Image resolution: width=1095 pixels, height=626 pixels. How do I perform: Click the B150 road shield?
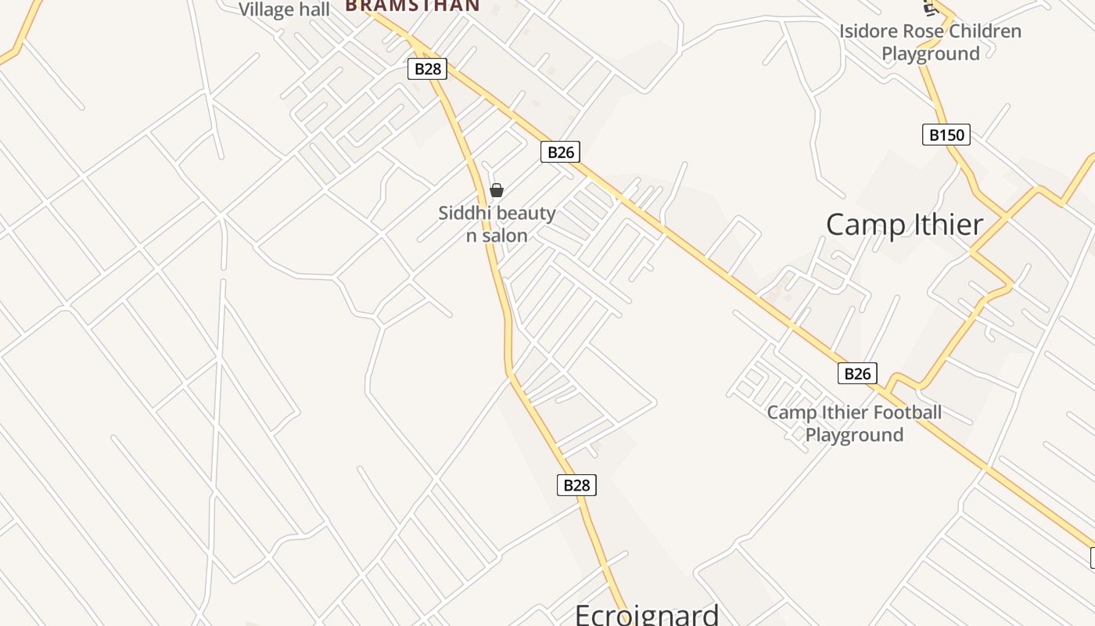(x=946, y=135)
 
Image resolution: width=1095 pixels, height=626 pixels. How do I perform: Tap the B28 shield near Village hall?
(x=427, y=69)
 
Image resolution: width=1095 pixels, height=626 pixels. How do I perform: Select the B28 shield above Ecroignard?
(x=577, y=485)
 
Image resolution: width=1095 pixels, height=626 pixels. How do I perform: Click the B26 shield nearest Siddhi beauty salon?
(x=561, y=152)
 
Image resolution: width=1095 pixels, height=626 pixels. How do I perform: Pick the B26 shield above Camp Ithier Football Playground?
(x=857, y=373)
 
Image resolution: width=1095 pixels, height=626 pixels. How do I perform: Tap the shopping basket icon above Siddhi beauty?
(x=496, y=190)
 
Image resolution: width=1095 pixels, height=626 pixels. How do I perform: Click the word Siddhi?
(x=462, y=213)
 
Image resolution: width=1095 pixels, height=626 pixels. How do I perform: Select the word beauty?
(x=525, y=213)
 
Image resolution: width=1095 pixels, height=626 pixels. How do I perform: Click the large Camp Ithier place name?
(x=904, y=225)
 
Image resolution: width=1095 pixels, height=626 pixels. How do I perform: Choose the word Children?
(x=985, y=31)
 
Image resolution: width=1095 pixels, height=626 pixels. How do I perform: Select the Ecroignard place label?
(x=647, y=614)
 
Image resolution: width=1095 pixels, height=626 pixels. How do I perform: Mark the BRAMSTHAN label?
(x=412, y=5)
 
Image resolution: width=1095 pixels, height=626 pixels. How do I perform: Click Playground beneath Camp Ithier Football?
(x=854, y=435)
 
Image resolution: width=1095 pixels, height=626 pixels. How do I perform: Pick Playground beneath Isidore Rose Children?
(x=931, y=54)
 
